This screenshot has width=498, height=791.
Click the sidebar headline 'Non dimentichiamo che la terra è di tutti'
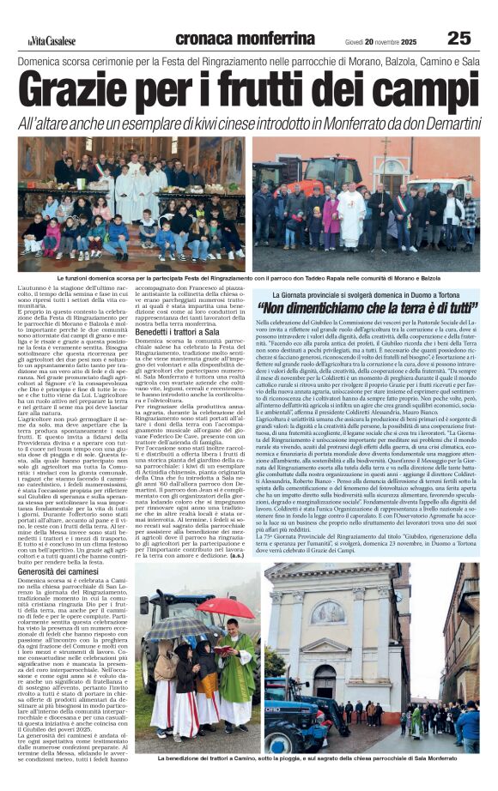pyautogui.click(x=367, y=306)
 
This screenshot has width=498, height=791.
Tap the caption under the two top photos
pyautogui.click(x=249, y=278)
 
